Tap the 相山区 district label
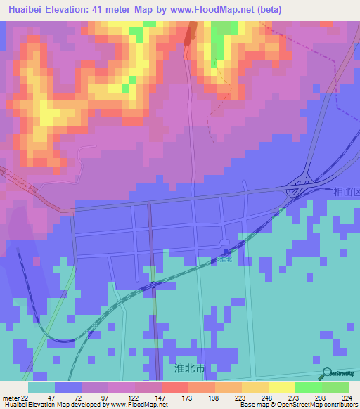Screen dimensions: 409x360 [346, 191]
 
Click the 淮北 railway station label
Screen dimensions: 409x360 [224, 259]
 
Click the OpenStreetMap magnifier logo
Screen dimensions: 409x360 [326, 373]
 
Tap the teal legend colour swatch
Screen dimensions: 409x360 [41, 387]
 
